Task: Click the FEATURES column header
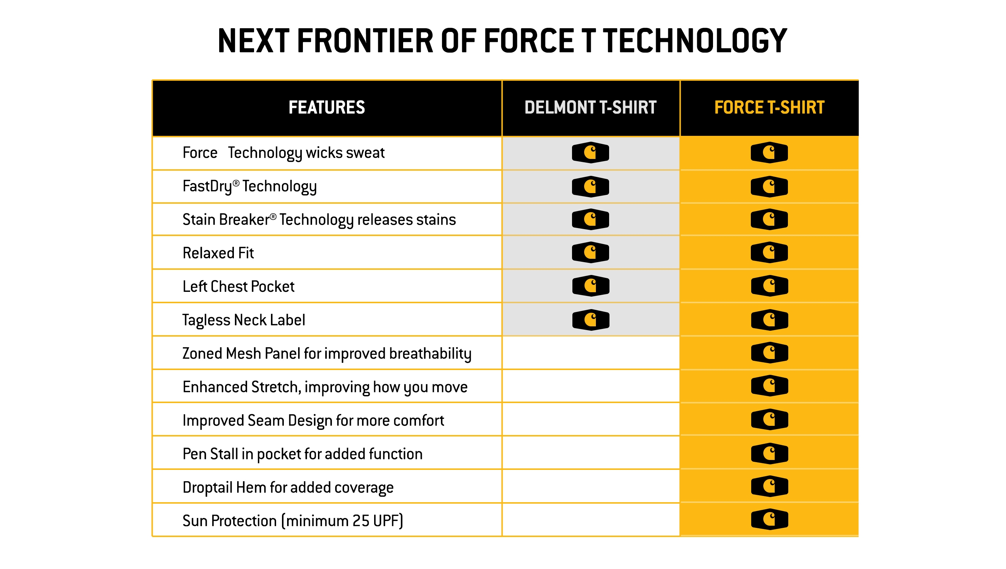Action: (326, 108)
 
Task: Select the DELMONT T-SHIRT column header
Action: (590, 108)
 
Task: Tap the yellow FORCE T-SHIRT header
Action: (769, 108)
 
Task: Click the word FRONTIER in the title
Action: (365, 41)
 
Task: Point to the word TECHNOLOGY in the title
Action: (695, 41)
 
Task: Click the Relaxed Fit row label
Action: (218, 253)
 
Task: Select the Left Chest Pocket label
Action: (238, 286)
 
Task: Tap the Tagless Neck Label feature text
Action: (243, 320)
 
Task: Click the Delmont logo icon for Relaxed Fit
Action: (590, 253)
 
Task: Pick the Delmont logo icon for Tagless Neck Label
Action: (590, 320)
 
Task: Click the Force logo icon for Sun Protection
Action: (769, 519)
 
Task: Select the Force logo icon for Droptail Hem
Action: (769, 486)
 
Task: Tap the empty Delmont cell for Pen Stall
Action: (590, 453)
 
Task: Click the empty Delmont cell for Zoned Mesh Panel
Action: (590, 353)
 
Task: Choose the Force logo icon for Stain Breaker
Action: (769, 219)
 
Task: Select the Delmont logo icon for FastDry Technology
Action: (590, 186)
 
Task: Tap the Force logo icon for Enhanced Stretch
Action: (769, 386)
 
